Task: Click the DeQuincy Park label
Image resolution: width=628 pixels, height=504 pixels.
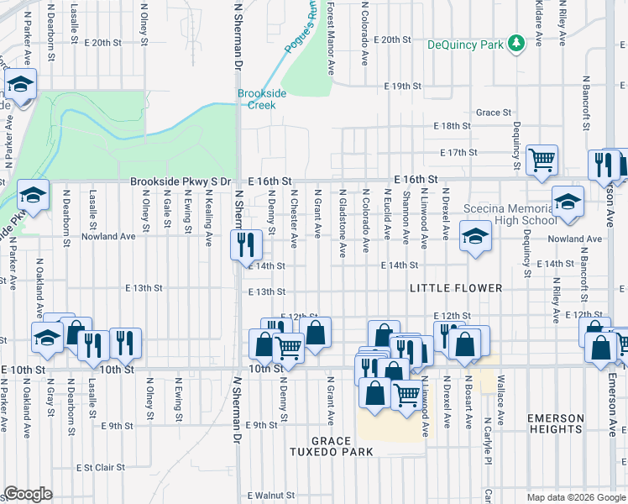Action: click(x=468, y=45)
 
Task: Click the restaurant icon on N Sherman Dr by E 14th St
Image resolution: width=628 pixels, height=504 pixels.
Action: click(x=246, y=244)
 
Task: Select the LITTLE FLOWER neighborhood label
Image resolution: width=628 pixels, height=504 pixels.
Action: click(x=456, y=288)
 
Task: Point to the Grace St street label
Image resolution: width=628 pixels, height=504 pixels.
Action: click(x=494, y=113)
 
